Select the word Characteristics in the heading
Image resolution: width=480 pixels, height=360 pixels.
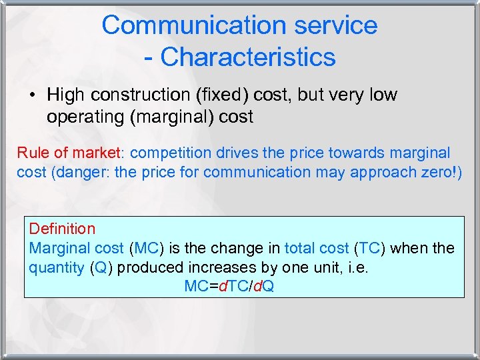(248, 57)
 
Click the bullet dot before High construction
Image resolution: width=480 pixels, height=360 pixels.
(32, 95)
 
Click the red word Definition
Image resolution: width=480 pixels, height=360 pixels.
(62, 229)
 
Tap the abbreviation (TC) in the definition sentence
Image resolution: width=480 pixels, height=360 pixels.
(369, 248)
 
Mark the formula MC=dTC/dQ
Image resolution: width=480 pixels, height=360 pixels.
(229, 287)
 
